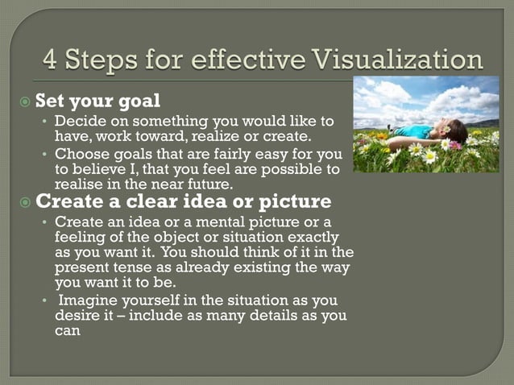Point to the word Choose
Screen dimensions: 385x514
80,154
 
